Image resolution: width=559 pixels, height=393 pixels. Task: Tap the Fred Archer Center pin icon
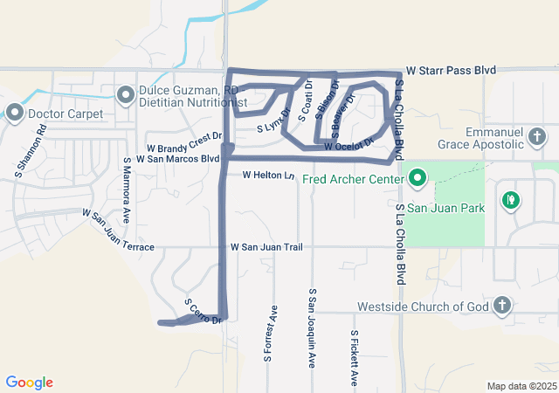click(417, 181)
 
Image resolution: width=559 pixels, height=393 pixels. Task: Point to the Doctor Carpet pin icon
click(15, 113)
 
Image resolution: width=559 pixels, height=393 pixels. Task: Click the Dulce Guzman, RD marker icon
click(125, 93)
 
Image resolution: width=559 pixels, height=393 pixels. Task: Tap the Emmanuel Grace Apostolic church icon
click(536, 136)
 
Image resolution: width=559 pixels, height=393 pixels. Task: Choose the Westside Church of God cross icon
click(501, 306)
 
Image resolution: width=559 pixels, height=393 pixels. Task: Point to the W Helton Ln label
click(269, 176)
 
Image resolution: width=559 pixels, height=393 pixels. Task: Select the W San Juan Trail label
click(266, 248)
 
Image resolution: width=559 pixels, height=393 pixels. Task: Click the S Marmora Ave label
click(127, 190)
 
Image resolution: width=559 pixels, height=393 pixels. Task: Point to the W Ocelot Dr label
click(349, 145)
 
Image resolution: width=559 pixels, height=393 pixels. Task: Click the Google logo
click(30, 383)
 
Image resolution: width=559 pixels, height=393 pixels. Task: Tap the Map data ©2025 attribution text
click(521, 386)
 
